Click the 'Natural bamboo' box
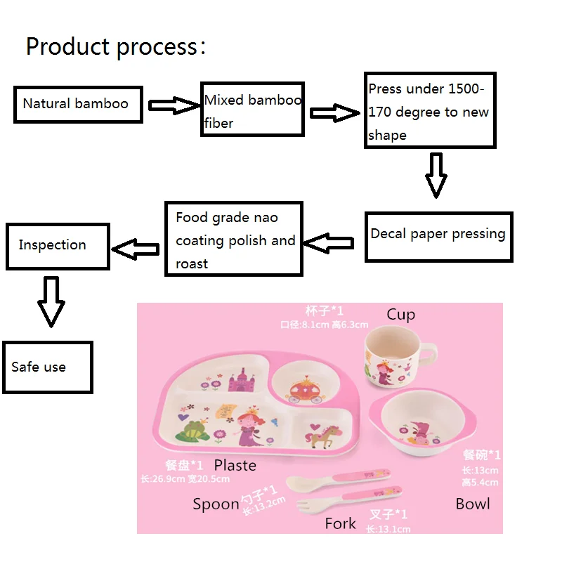tap(79, 105)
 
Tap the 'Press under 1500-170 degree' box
tap(430, 110)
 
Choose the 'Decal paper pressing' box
tap(438, 237)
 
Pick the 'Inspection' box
tap(58, 246)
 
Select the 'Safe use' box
tap(48, 367)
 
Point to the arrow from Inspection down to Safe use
tap(51, 301)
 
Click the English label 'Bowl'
tap(473, 504)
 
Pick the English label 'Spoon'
tap(216, 504)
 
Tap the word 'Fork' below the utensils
tap(341, 523)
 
